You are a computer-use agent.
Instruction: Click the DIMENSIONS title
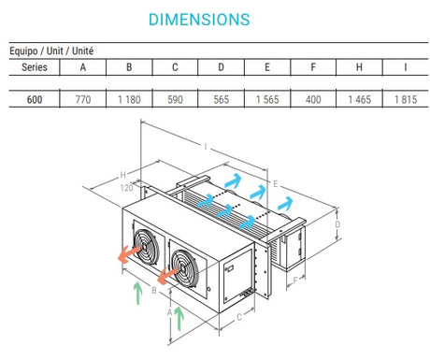tap(199, 20)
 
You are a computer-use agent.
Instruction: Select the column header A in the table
tap(82, 67)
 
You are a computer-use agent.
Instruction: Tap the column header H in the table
tap(359, 67)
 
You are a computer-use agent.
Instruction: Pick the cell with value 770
tap(83, 99)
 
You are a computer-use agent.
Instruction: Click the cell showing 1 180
tap(129, 99)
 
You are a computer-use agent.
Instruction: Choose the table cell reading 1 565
tap(267, 99)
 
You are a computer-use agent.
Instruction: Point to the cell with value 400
tap(313, 99)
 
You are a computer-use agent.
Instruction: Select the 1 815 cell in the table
tap(406, 99)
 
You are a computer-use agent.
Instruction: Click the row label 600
tap(35, 99)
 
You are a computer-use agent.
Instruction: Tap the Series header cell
tap(35, 67)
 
